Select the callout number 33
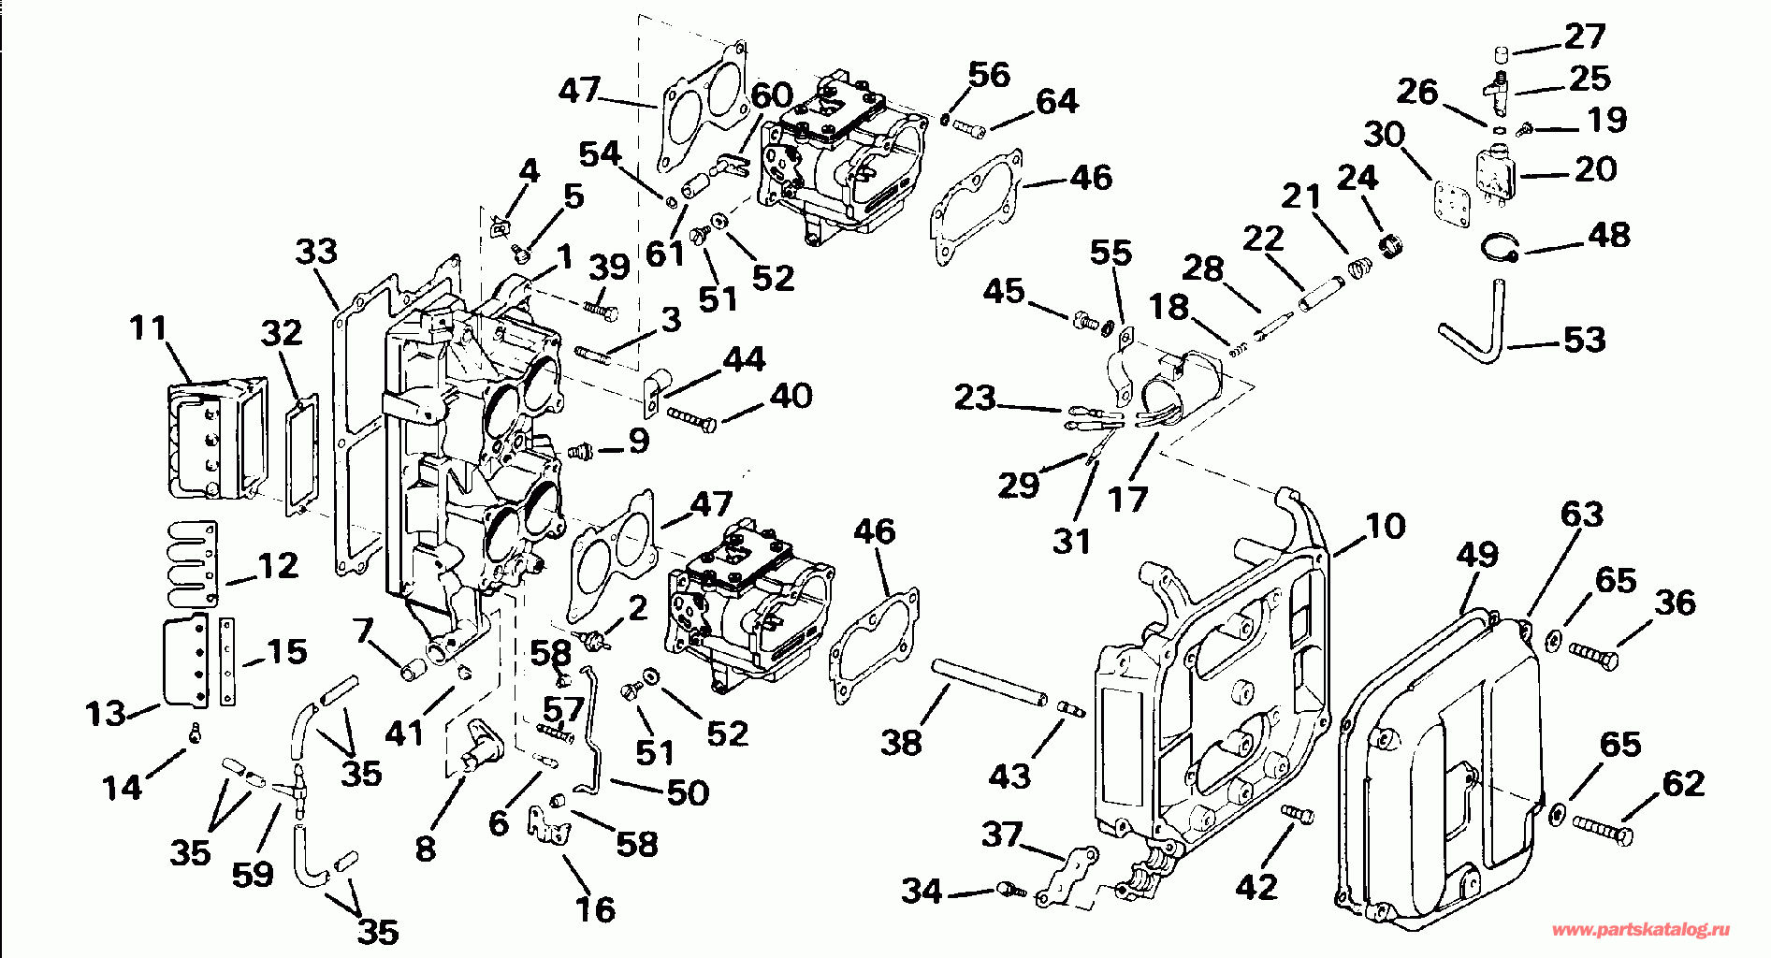[x=316, y=251]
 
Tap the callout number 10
[x=1385, y=526]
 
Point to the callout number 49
[x=1476, y=554]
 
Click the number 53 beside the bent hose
[x=1584, y=340]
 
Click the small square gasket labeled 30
[x=1452, y=201]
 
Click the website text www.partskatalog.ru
[x=1640, y=930]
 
